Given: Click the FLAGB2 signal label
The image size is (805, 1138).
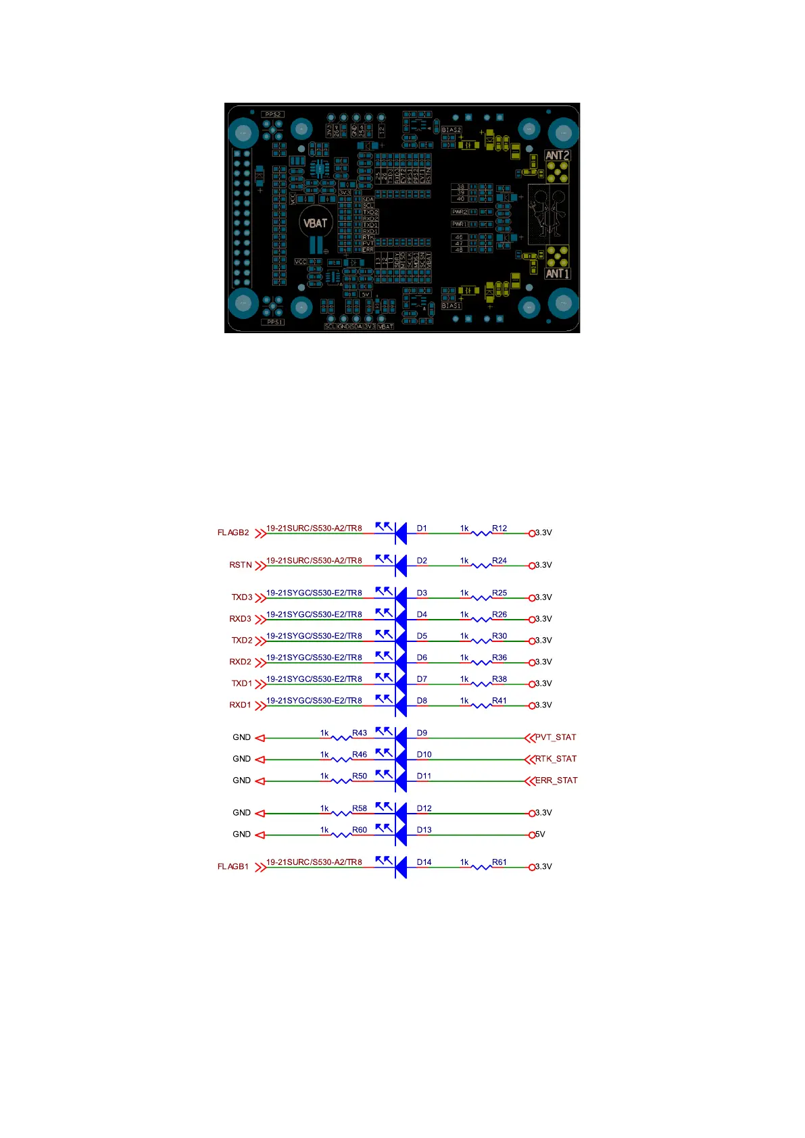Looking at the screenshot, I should tap(233, 533).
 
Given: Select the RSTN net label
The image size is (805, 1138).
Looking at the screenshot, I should tap(240, 565).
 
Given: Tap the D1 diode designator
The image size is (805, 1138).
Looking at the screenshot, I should tap(422, 528).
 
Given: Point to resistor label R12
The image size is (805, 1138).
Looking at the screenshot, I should tap(499, 528).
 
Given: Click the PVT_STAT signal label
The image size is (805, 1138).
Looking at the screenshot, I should tap(556, 737).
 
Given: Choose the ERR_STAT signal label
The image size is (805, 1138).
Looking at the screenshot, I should tap(556, 781).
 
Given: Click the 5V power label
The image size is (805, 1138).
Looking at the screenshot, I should tap(540, 835).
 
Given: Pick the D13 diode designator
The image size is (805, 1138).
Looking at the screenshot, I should tap(424, 830).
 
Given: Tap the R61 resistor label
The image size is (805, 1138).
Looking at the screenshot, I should tap(499, 862).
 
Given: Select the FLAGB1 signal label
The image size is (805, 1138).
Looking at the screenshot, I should tap(233, 866).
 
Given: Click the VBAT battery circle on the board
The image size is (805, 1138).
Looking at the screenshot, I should tap(315, 223).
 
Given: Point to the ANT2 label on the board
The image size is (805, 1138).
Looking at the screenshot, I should tap(558, 155).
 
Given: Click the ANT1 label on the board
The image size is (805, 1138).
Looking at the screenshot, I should tap(558, 274).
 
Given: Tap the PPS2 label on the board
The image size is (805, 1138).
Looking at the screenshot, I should tap(273, 115).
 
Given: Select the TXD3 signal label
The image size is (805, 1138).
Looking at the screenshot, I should tap(242, 597).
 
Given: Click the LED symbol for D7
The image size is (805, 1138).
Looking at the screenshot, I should tap(399, 684).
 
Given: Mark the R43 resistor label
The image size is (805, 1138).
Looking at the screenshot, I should tap(360, 733).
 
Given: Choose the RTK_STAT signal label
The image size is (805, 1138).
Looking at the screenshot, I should tap(556, 759).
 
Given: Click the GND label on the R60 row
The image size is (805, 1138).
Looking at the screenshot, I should tap(241, 835).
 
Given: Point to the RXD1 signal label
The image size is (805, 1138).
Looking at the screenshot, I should tap(240, 705).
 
